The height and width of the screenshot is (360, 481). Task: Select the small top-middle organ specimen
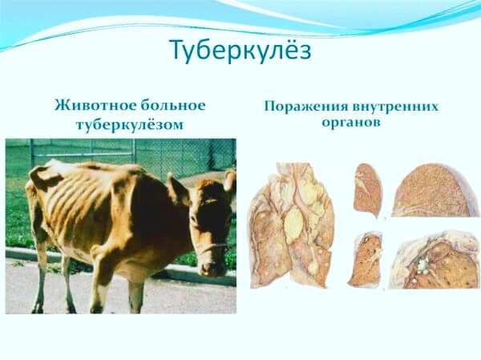click(368, 189)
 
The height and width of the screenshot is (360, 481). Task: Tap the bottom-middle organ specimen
click(365, 258)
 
